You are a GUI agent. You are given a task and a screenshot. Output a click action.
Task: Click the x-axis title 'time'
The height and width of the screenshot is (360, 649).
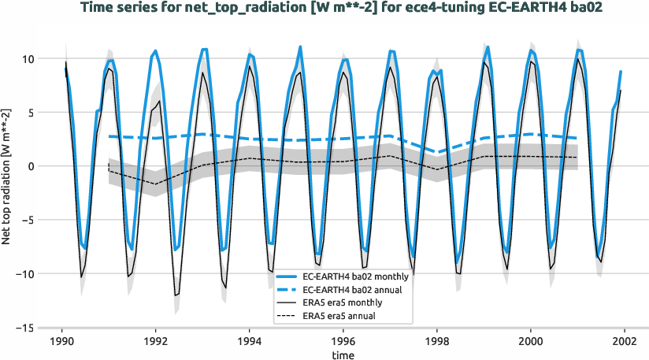342,355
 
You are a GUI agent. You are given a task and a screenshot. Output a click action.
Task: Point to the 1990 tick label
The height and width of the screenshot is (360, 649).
62,341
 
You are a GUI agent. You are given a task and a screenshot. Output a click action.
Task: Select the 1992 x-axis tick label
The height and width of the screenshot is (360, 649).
156,341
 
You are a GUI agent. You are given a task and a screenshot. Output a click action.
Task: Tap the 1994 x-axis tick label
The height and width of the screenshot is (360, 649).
250,341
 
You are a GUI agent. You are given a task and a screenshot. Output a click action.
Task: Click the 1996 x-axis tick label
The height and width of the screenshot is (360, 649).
343,341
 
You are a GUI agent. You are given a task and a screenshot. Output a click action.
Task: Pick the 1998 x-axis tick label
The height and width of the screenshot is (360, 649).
437,341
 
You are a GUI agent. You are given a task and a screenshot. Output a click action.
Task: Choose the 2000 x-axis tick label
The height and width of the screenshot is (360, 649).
531,341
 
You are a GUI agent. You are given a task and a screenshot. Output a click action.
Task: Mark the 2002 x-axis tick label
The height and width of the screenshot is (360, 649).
625,341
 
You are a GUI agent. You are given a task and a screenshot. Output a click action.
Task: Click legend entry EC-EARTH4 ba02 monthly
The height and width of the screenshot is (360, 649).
351,277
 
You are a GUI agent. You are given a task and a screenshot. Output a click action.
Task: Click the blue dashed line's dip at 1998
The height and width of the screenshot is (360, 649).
437,152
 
